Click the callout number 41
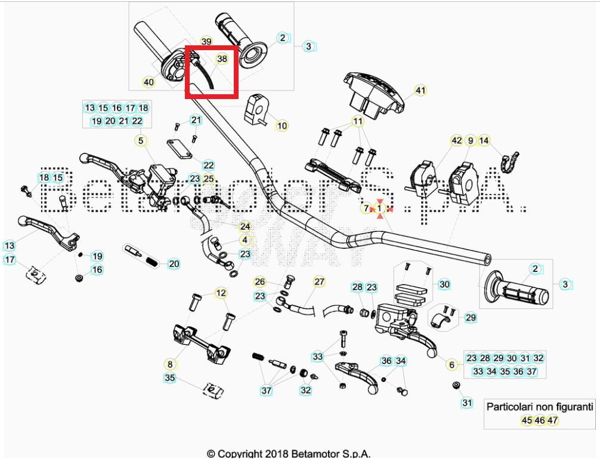pyautogui.click(x=420, y=91)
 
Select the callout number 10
pyautogui.click(x=282, y=126)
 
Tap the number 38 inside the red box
pyautogui.click(x=222, y=59)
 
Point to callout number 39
pyautogui.click(x=206, y=42)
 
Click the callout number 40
pyautogui.click(x=149, y=82)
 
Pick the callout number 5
pyautogui.click(x=141, y=141)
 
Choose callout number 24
pyautogui.click(x=245, y=227)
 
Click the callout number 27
pyautogui.click(x=319, y=282)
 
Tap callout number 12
pyautogui.click(x=221, y=293)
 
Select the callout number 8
pyautogui.click(x=170, y=363)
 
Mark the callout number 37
pyautogui.click(x=266, y=391)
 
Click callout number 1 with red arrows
pyautogui.click(x=381, y=208)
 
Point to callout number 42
pyautogui.click(x=456, y=141)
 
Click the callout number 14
pyautogui.click(x=484, y=141)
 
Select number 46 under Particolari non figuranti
pyautogui.click(x=539, y=420)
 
